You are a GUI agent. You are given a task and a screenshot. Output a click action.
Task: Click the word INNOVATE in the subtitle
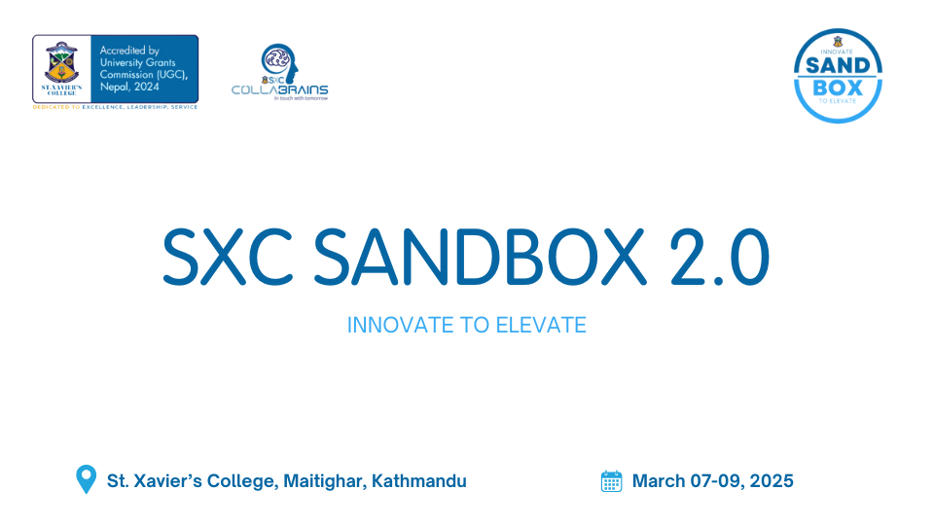(x=394, y=325)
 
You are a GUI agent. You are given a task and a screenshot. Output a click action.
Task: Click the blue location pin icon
(x=87, y=479)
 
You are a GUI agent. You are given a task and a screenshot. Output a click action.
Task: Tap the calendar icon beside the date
(x=611, y=480)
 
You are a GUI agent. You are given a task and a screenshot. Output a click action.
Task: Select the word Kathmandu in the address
(x=419, y=480)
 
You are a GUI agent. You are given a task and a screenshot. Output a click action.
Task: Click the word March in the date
(x=658, y=480)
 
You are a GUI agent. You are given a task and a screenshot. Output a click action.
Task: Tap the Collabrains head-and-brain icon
(x=277, y=61)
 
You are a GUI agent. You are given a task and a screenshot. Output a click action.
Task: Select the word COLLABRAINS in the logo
(x=279, y=89)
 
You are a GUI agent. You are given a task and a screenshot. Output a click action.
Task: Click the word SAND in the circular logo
(x=839, y=65)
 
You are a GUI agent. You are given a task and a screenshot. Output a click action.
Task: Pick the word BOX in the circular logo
(x=839, y=87)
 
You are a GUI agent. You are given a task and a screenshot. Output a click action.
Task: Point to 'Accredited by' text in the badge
(x=130, y=51)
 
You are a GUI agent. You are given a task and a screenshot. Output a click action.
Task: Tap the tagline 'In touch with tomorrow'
(x=301, y=98)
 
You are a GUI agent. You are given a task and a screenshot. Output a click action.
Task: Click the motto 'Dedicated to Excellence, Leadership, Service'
(x=116, y=107)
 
